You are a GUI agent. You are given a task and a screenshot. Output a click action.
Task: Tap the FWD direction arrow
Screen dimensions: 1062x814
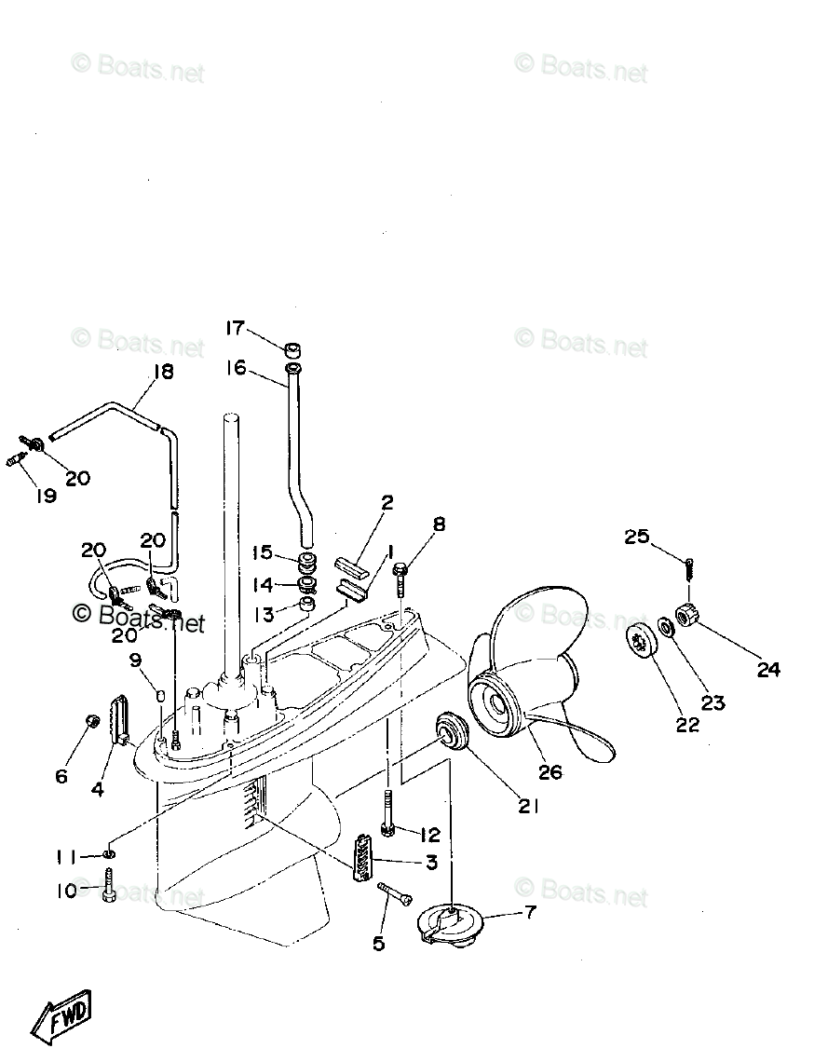(62, 1017)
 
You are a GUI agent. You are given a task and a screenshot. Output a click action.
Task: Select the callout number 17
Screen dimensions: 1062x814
(234, 328)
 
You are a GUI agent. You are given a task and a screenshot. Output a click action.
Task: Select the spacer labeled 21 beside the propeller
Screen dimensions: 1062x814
(451, 728)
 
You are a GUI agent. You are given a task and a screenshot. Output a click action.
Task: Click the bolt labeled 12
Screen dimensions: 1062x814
(388, 814)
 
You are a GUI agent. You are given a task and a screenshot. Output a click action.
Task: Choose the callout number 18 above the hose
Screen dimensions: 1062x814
(163, 372)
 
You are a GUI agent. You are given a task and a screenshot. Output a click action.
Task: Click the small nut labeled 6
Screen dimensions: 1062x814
(93, 722)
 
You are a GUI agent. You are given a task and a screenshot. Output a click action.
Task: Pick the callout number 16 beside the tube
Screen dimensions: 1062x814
(236, 367)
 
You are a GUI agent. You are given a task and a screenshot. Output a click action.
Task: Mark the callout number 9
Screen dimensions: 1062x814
(135, 660)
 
